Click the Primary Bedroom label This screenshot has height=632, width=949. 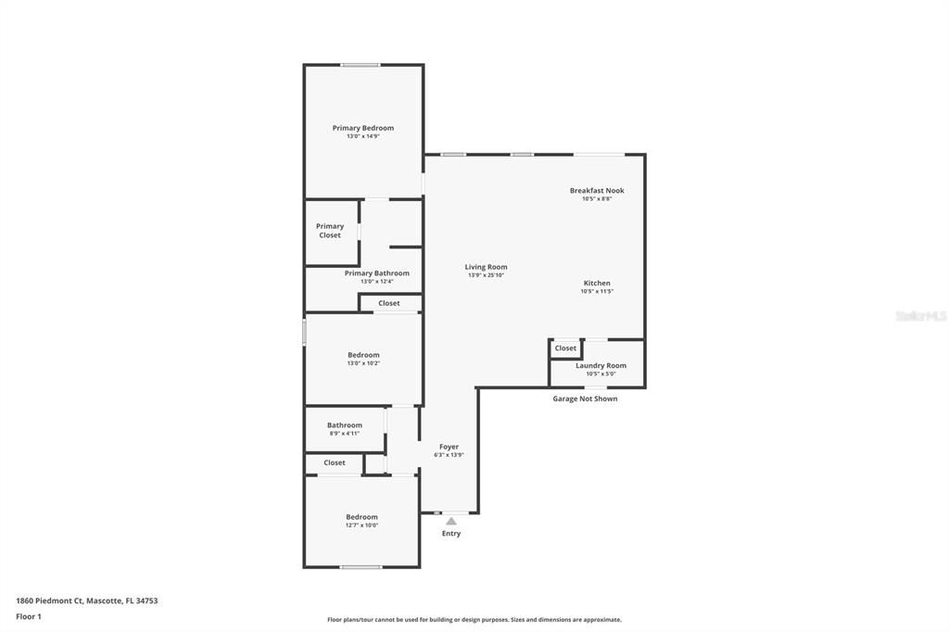[x=363, y=128]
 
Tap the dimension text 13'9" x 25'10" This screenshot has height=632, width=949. [x=486, y=275]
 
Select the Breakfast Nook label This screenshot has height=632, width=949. [x=597, y=190]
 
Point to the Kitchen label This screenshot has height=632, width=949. [x=597, y=283]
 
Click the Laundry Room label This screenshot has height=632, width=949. [x=601, y=365]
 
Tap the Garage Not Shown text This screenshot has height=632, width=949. [x=585, y=398]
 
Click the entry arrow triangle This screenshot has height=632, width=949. [x=451, y=522]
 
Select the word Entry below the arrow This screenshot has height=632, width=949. [x=451, y=534]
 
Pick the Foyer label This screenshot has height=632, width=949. [x=449, y=447]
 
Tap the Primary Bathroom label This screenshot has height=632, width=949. [x=376, y=273]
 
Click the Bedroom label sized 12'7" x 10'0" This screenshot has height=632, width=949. [x=361, y=517]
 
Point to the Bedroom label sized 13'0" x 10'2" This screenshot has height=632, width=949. [x=363, y=355]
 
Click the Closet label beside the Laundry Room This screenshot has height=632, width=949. [x=565, y=348]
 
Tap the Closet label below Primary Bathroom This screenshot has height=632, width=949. [x=389, y=303]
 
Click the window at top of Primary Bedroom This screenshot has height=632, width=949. [x=360, y=65]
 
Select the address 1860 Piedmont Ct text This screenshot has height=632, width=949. [x=86, y=600]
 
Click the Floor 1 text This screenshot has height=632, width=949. [x=29, y=616]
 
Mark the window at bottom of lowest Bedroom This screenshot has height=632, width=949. [x=361, y=567]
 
